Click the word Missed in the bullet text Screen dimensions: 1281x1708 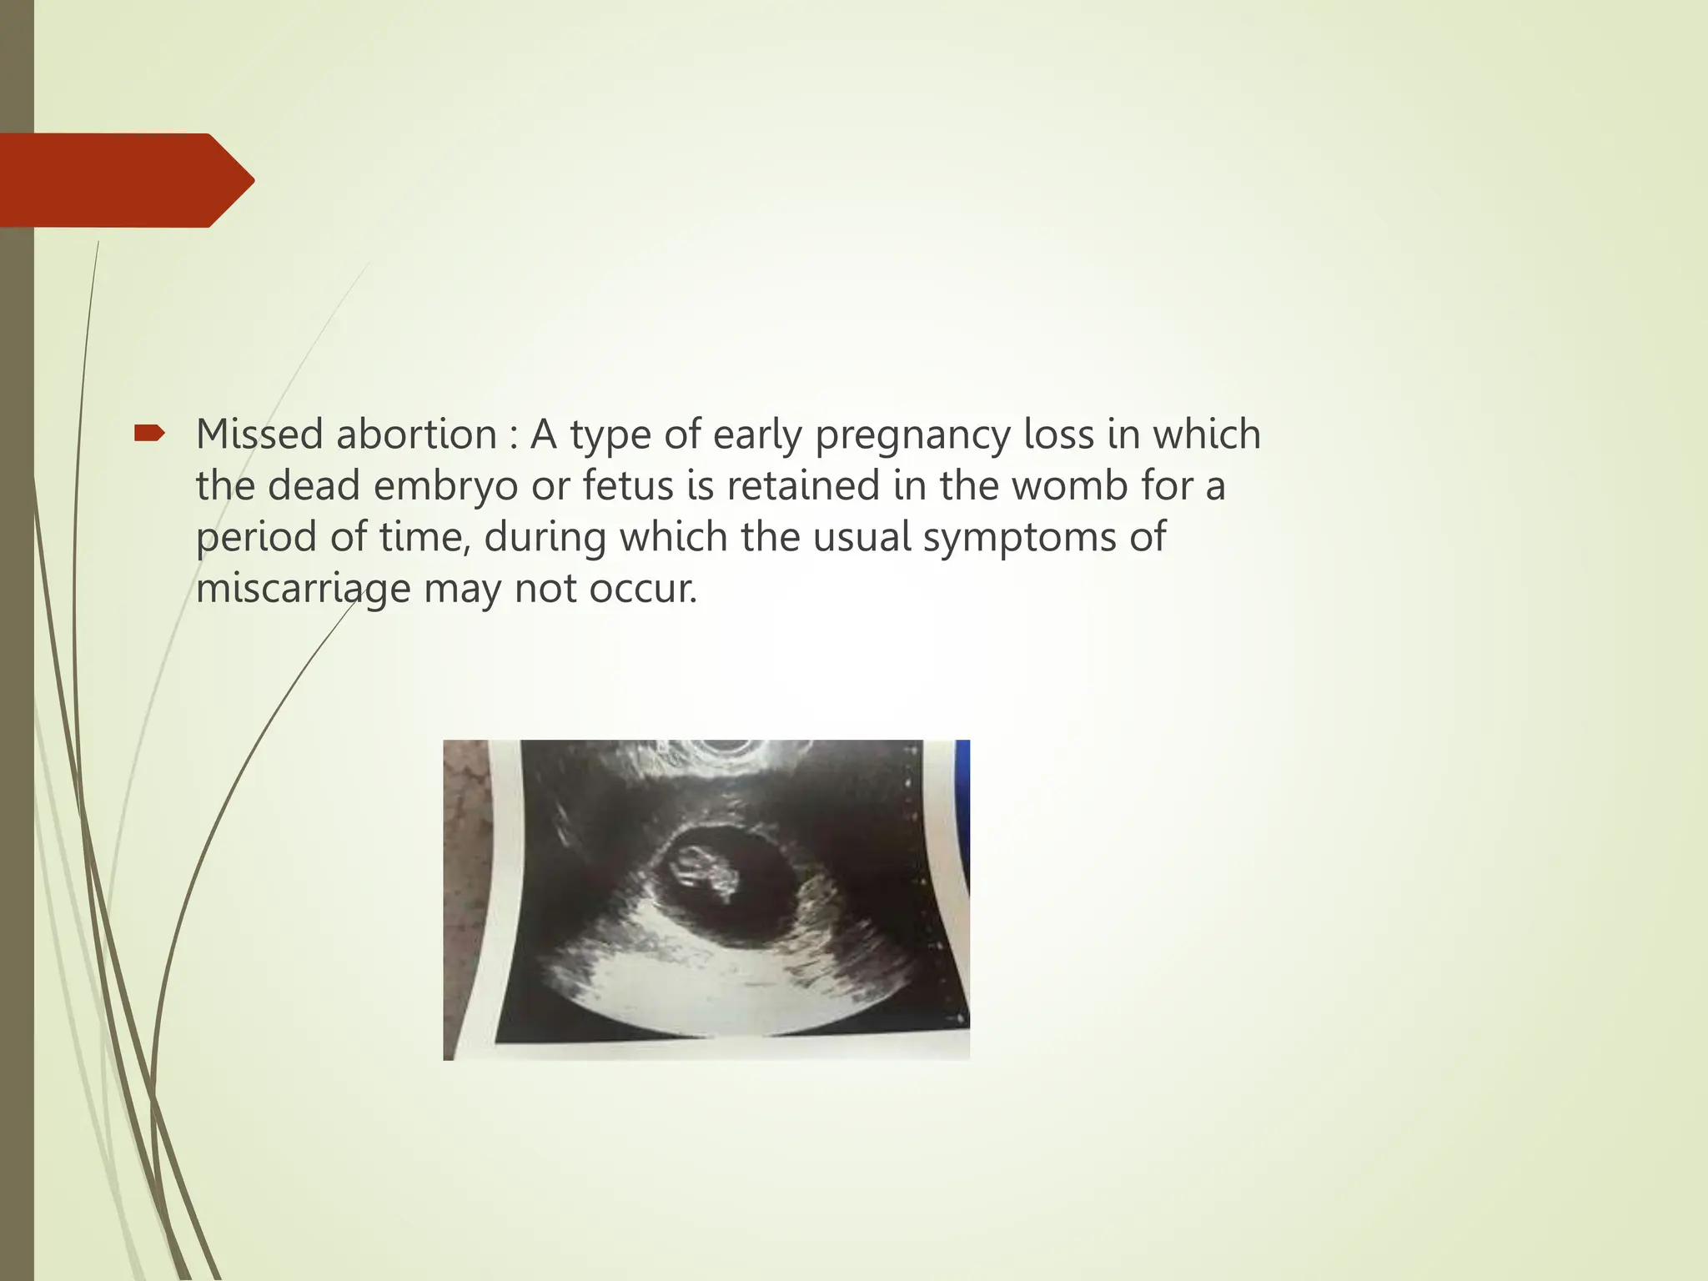(263, 435)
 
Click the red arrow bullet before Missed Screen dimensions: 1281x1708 (150, 433)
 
